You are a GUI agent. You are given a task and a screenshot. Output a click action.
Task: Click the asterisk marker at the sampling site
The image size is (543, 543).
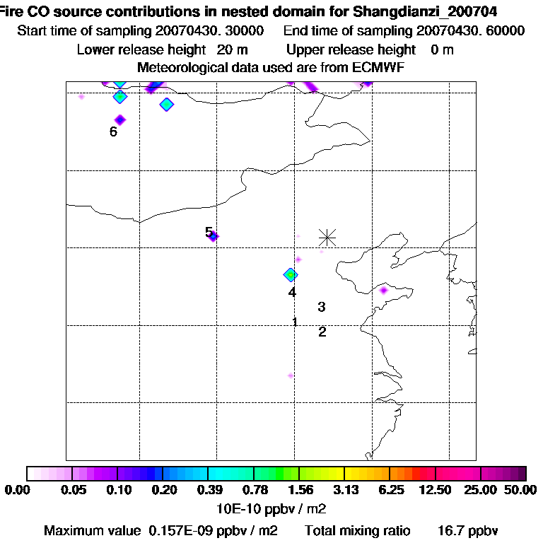click(327, 237)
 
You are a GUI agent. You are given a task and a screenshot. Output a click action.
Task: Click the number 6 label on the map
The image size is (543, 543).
click(113, 132)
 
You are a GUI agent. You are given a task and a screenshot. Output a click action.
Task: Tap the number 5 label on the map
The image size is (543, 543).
click(208, 232)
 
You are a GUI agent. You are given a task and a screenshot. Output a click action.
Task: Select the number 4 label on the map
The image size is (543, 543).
click(291, 292)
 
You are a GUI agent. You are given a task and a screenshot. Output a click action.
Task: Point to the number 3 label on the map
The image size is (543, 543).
click(322, 307)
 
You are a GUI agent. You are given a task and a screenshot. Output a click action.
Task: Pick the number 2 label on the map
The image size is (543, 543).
click(322, 332)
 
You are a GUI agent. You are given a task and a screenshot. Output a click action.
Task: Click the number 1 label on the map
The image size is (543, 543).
click(295, 322)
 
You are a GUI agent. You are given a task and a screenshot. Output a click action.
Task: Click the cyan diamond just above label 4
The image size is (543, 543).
click(290, 274)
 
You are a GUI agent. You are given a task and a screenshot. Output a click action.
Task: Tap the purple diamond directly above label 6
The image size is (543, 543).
click(120, 119)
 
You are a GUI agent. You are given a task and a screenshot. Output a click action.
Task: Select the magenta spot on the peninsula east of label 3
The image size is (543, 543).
click(384, 290)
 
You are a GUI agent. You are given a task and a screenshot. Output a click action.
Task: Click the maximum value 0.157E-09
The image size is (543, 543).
click(177, 530)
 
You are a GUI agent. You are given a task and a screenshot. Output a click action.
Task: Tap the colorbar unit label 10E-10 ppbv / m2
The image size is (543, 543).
click(271, 508)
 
